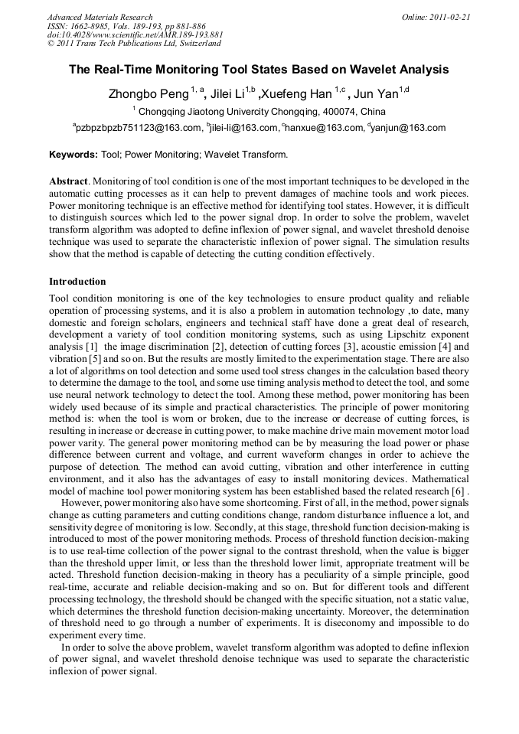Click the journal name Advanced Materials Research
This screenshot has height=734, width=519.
(100, 17)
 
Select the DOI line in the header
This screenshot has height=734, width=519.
(135, 34)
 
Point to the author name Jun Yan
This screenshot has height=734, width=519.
(378, 94)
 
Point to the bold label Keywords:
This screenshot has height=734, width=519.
(73, 155)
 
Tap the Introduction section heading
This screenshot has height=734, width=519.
(77, 282)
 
